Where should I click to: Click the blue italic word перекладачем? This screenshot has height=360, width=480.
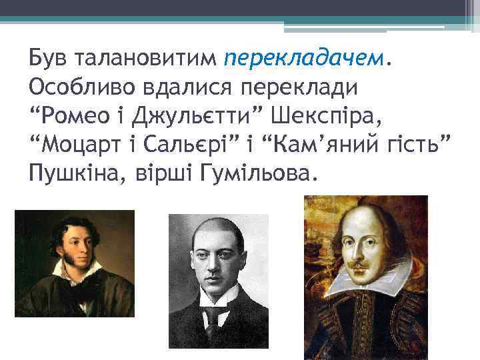[305, 59]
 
